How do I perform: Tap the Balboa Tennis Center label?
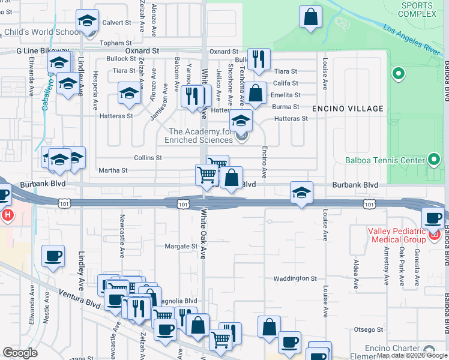point(385,160)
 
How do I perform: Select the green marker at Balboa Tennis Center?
point(434,160)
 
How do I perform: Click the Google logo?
point(20,352)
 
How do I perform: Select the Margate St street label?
point(181,247)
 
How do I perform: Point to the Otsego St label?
point(368,329)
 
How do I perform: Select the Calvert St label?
point(116,22)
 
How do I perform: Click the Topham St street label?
point(116,43)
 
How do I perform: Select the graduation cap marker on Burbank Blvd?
point(301,193)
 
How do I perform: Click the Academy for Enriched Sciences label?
point(200,136)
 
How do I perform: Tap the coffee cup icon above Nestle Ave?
point(53,256)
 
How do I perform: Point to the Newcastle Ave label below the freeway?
point(122,229)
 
